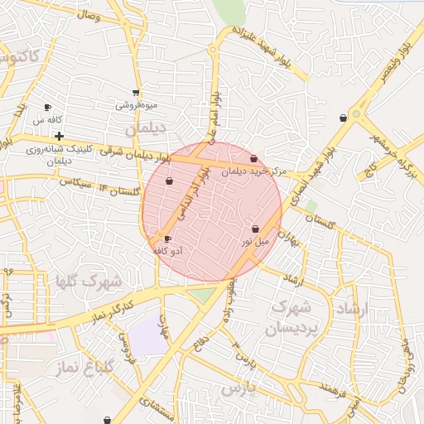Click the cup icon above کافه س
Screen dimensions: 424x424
[x=47, y=108]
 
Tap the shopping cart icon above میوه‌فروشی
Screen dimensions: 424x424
[x=136, y=93]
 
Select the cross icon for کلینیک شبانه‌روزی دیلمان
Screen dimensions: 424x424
[x=59, y=136]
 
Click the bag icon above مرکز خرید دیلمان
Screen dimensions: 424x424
[x=253, y=159]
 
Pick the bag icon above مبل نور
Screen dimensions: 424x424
[x=255, y=229]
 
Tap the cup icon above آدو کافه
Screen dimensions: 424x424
[x=168, y=239]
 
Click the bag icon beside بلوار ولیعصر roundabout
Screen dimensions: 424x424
[x=343, y=118]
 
